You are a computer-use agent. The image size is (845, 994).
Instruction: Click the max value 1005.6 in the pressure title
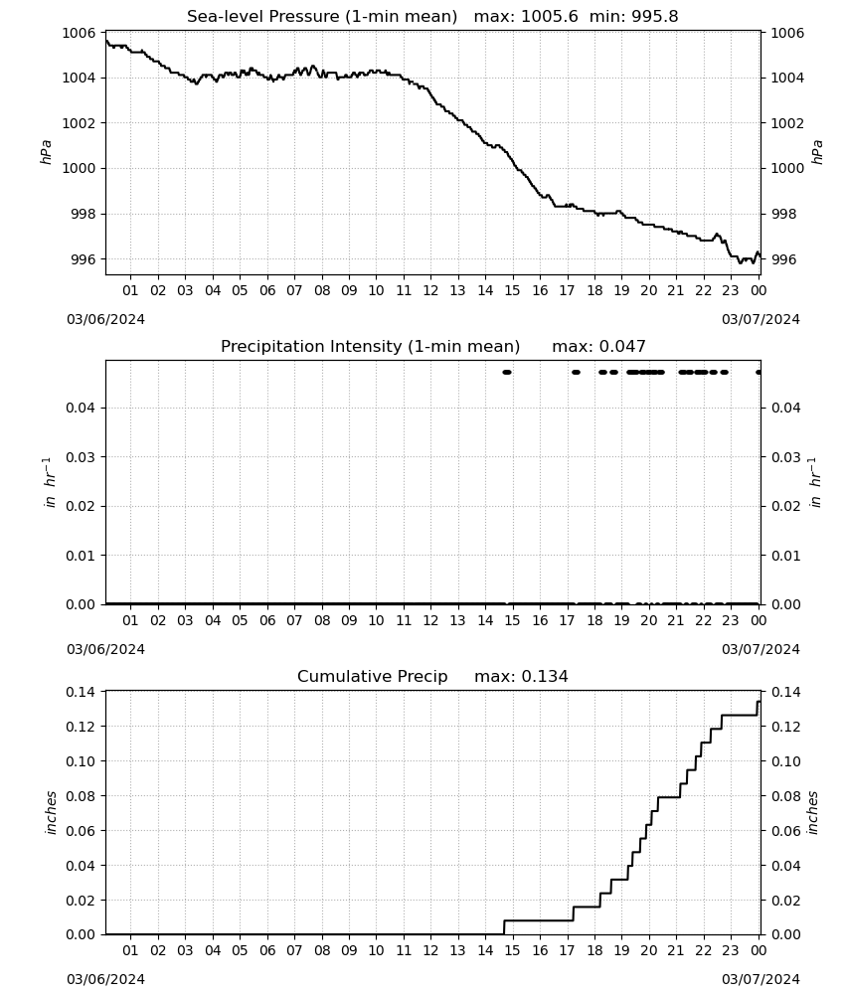coord(550,17)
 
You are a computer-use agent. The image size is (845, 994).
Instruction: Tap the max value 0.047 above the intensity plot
coord(622,347)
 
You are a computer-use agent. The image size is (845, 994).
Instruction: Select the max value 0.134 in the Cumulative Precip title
coord(545,676)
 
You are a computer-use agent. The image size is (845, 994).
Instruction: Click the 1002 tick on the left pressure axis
coord(79,123)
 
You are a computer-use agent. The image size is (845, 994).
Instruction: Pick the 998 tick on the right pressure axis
coord(782,215)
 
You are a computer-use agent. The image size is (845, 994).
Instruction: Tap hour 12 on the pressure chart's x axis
coord(430,290)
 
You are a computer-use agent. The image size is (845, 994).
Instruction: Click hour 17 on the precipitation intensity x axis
coord(567,620)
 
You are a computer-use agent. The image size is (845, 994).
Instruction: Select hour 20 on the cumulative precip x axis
coord(648,950)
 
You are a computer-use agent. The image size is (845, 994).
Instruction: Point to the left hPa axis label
coord(47,152)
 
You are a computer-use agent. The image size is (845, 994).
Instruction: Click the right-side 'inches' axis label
coord(813,812)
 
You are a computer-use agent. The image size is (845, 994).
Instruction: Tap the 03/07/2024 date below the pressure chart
coord(760,319)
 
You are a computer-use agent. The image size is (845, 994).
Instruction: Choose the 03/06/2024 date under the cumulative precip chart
coord(105,979)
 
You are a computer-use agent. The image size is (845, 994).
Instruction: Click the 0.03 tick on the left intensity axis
coord(82,457)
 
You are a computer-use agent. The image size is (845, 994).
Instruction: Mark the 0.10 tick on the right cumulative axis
coord(786,761)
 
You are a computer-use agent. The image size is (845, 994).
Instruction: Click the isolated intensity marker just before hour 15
coord(506,372)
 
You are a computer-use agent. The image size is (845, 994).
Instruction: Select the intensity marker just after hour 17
coord(576,372)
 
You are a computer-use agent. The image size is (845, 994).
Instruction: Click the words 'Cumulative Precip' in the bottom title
coord(372,676)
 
